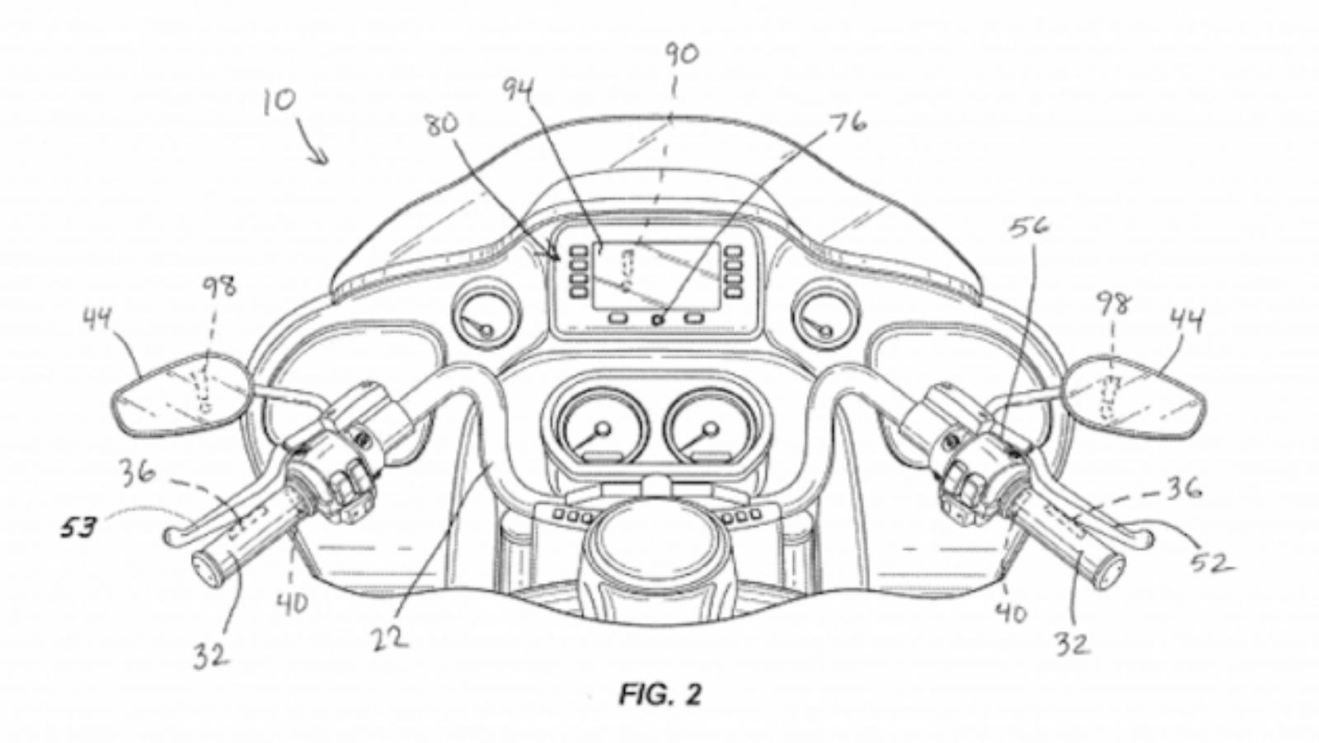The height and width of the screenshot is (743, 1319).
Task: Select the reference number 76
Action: point(846,124)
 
